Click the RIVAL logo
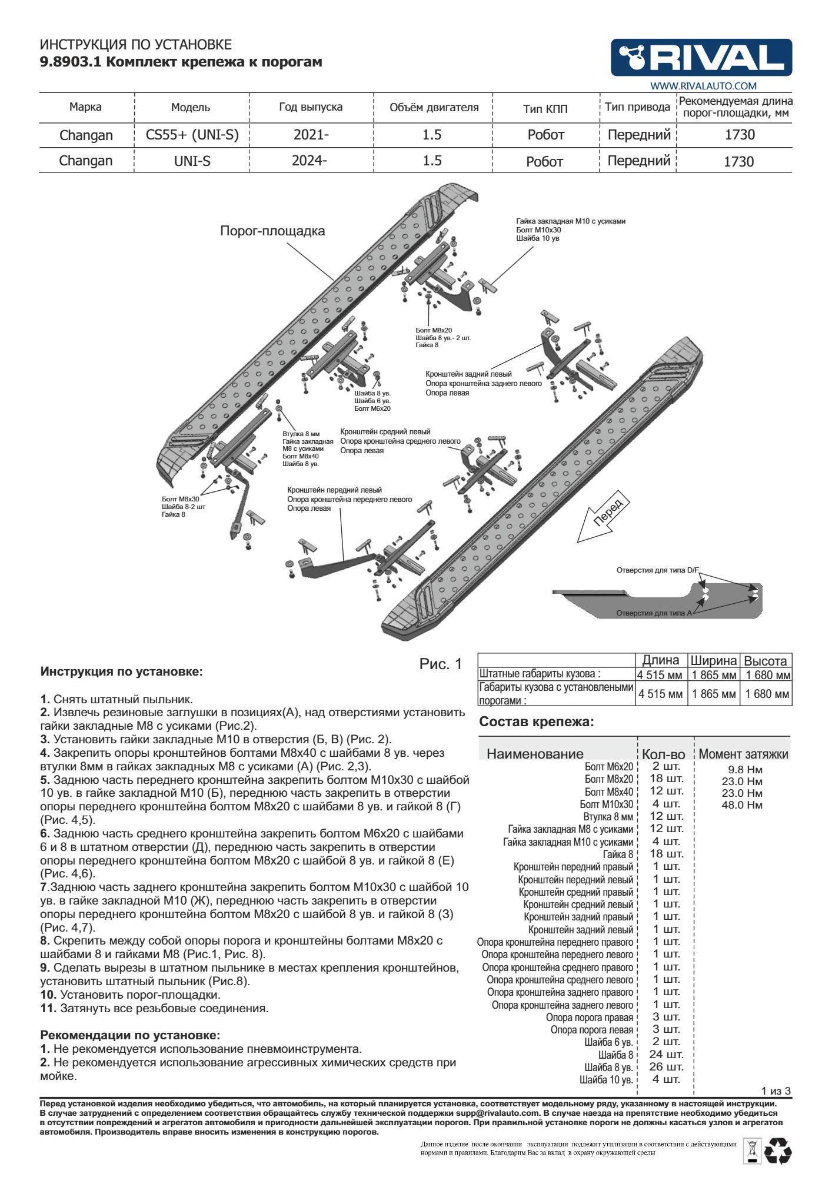point(701,58)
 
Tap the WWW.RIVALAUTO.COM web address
point(703,86)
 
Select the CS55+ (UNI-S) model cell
point(192,135)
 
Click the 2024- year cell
point(309,161)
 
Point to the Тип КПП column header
point(545,109)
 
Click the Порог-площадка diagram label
point(272,231)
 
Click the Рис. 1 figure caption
point(441,664)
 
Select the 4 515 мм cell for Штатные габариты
point(660,675)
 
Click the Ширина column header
point(713,660)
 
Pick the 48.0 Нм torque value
point(742,805)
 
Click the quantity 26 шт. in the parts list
point(667,1067)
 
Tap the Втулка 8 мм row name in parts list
point(608,817)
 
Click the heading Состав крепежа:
point(537,722)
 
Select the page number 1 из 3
point(776,1091)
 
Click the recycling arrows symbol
point(778,1152)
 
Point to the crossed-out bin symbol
point(751,1151)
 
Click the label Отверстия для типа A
point(654,613)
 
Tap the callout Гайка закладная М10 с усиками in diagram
point(571,221)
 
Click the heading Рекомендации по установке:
point(130,1035)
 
